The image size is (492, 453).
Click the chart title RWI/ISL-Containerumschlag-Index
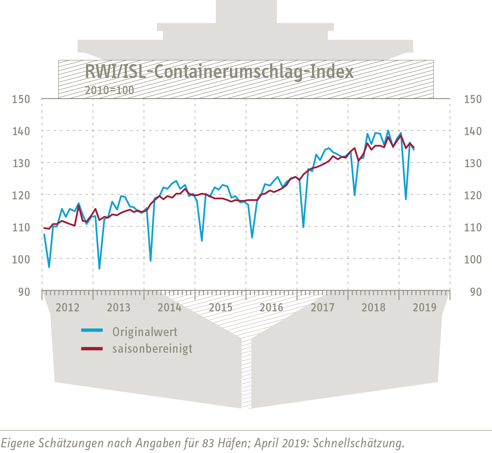(x=219, y=72)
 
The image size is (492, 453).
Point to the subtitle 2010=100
(x=109, y=90)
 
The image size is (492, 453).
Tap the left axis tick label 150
(x=21, y=99)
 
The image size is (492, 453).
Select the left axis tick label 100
(x=21, y=259)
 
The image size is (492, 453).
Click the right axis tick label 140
(x=473, y=132)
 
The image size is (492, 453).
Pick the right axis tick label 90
(x=476, y=292)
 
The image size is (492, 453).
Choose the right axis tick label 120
(x=473, y=196)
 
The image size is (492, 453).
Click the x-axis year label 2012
(x=68, y=308)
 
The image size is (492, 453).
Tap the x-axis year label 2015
(x=221, y=308)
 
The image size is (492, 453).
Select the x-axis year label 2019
(x=425, y=308)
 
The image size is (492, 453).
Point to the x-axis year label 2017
(x=323, y=308)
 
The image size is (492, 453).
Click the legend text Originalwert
(x=145, y=332)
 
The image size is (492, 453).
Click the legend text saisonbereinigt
(x=152, y=349)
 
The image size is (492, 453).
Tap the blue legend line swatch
(x=92, y=330)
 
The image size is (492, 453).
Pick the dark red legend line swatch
(x=92, y=349)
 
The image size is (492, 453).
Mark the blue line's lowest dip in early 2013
(x=99, y=269)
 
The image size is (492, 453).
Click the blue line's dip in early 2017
(x=303, y=227)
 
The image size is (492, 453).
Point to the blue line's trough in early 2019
(x=406, y=199)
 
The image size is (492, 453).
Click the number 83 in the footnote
(x=207, y=443)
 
